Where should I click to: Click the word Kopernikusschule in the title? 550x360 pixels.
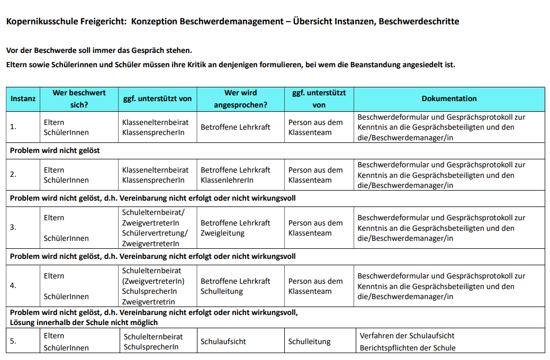click(x=38, y=22)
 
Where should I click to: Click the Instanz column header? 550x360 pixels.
click(x=23, y=98)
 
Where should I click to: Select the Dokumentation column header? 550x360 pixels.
click(x=449, y=98)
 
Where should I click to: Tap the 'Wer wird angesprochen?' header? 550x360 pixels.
click(x=240, y=99)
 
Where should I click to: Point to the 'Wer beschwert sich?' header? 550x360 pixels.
click(x=79, y=99)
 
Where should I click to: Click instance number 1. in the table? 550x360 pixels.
click(x=13, y=127)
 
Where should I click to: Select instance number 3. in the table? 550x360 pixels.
click(x=13, y=227)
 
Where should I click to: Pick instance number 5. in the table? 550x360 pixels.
click(x=13, y=341)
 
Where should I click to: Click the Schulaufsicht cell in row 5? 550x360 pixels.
click(x=223, y=341)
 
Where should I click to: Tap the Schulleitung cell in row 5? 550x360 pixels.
click(x=309, y=341)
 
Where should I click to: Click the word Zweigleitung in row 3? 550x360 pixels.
click(x=222, y=233)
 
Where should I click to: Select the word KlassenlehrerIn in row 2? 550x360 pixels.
click(x=227, y=180)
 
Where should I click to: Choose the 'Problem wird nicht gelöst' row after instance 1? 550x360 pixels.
click(x=55, y=150)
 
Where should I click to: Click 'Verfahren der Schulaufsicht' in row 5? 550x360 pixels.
click(x=407, y=336)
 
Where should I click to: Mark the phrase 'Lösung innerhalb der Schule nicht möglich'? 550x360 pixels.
click(x=84, y=322)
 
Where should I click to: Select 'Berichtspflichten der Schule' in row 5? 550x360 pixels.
click(x=407, y=348)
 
